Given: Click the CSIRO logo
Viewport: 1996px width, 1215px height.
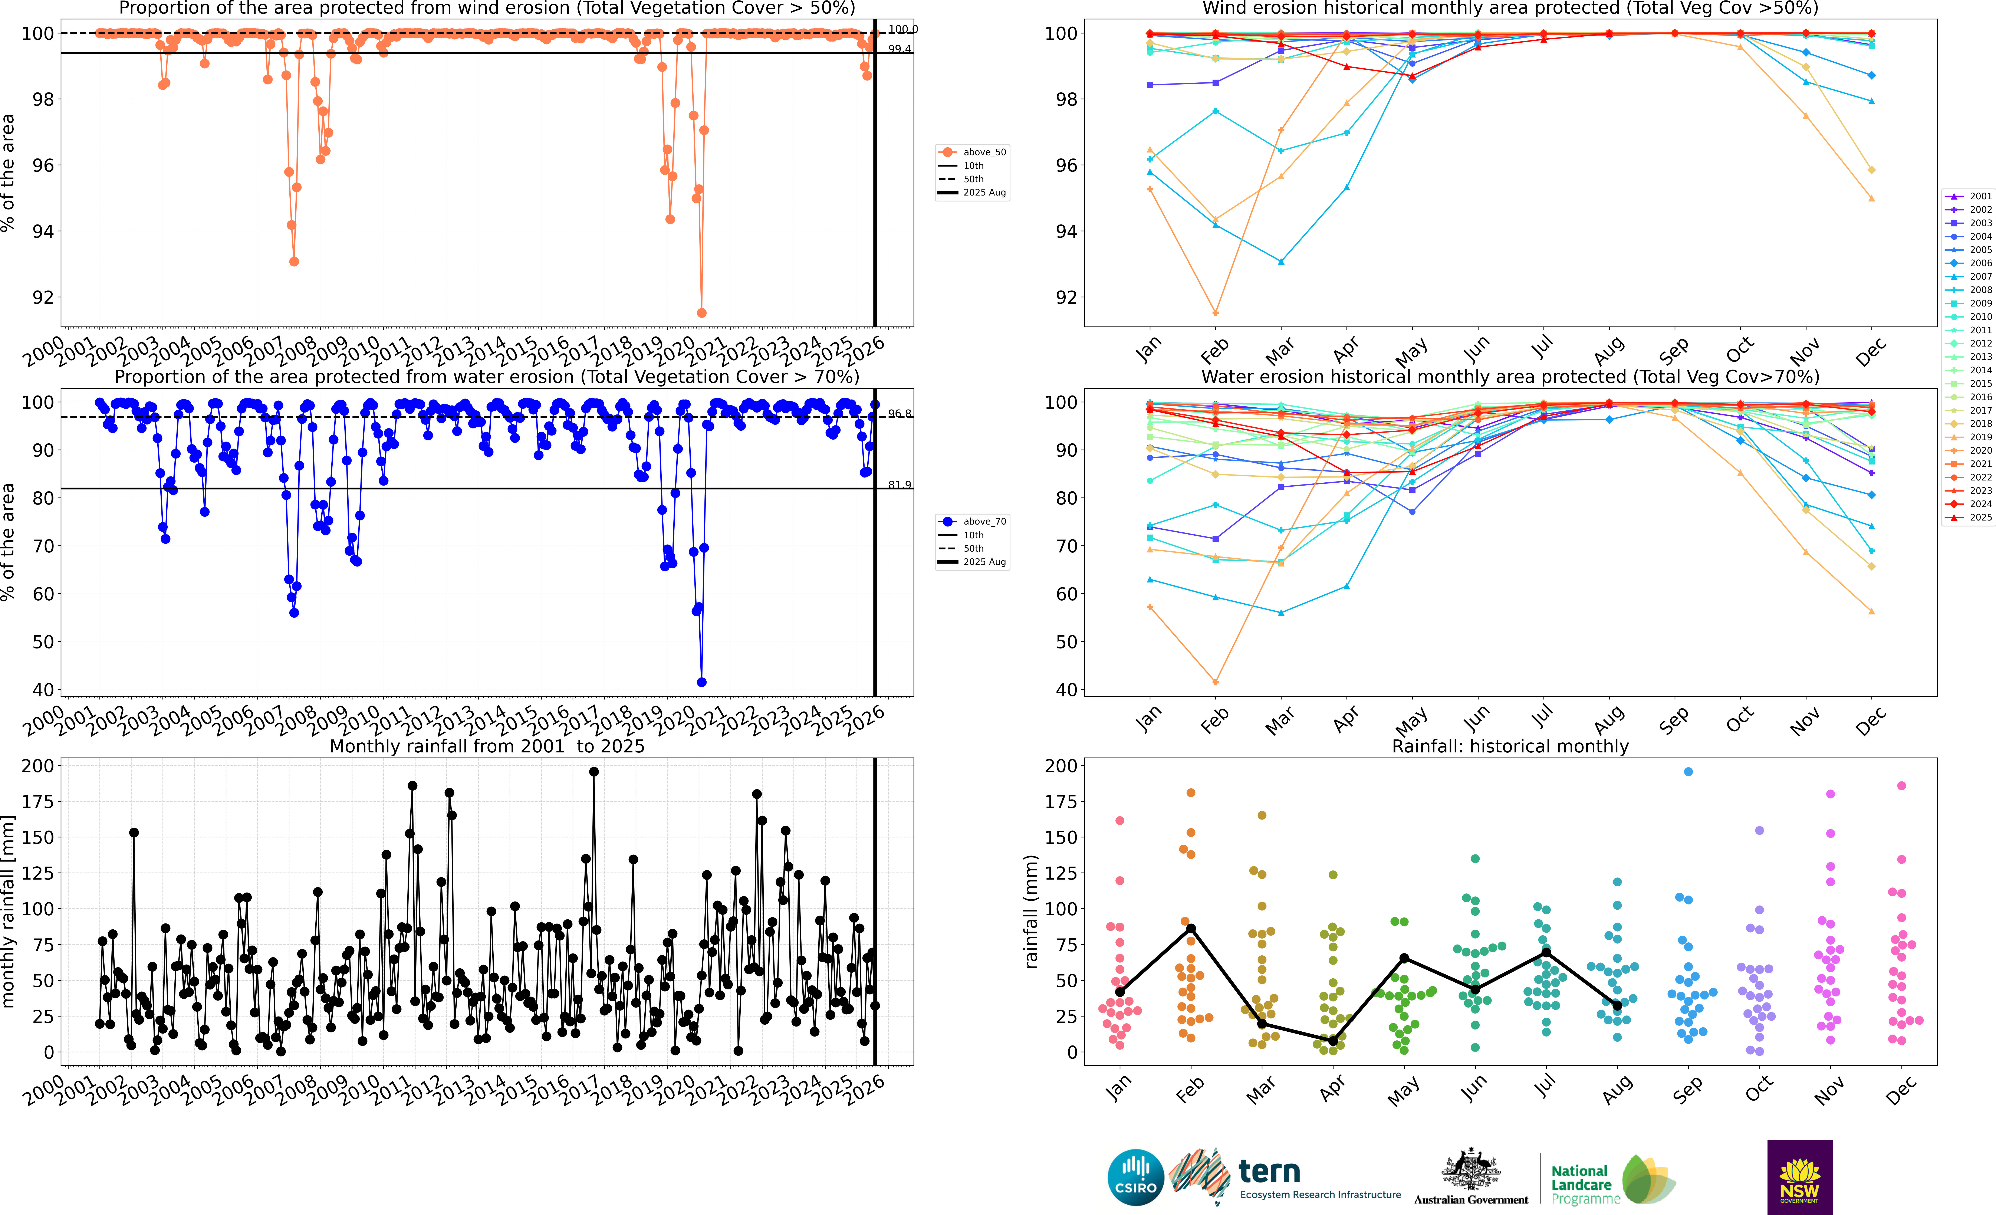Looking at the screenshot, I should point(1135,1177).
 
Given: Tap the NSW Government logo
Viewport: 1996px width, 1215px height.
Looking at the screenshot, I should point(1799,1177).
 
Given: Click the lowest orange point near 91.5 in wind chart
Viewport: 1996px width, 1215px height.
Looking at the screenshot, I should point(701,313).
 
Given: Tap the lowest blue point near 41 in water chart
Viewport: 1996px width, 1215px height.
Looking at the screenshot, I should point(701,682).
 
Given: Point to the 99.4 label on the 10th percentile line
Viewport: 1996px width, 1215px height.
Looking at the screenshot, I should point(899,49).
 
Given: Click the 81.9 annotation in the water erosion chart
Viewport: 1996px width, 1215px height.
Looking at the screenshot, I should point(899,484).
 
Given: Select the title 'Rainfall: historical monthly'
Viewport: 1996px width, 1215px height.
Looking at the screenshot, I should point(1510,746).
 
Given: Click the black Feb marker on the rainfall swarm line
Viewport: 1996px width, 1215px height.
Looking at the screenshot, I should point(1191,928).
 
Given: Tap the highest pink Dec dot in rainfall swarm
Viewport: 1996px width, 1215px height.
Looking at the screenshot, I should point(1901,786).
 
